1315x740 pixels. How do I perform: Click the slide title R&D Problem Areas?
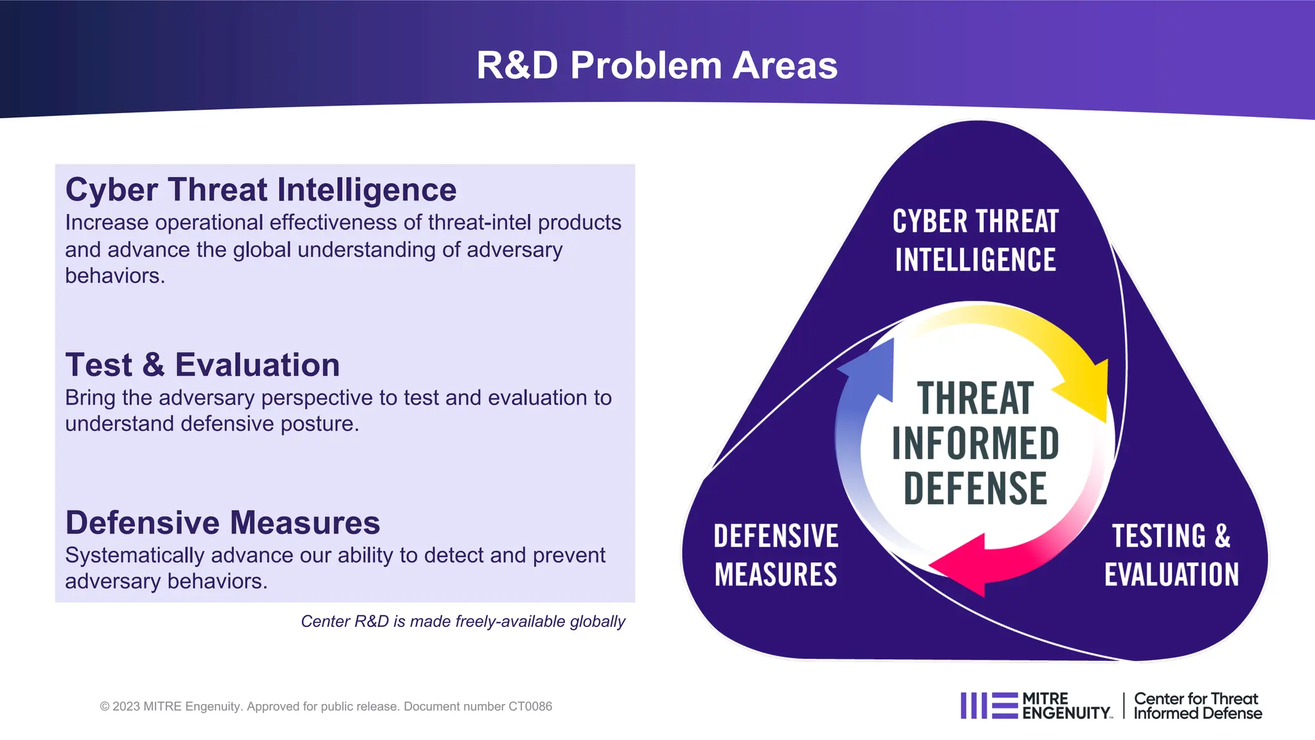click(x=657, y=66)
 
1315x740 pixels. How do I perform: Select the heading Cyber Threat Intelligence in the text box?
click(x=261, y=190)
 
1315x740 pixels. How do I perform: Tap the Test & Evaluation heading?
click(x=202, y=365)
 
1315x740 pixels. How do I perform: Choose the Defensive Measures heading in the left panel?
click(x=222, y=522)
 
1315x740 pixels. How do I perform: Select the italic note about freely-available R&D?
click(x=462, y=621)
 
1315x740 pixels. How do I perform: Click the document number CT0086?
click(x=530, y=707)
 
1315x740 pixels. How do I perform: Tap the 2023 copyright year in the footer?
click(x=126, y=707)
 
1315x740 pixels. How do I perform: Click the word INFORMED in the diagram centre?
click(x=975, y=444)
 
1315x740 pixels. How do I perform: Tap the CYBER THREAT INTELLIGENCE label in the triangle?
click(x=975, y=240)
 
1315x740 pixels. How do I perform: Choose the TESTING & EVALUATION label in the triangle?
click(x=1171, y=555)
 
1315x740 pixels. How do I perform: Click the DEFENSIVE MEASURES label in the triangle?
click(x=776, y=555)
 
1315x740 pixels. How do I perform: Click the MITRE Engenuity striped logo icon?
click(x=989, y=705)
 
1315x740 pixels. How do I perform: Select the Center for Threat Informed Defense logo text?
click(x=1197, y=706)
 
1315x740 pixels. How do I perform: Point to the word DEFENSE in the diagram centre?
click(x=975, y=489)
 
